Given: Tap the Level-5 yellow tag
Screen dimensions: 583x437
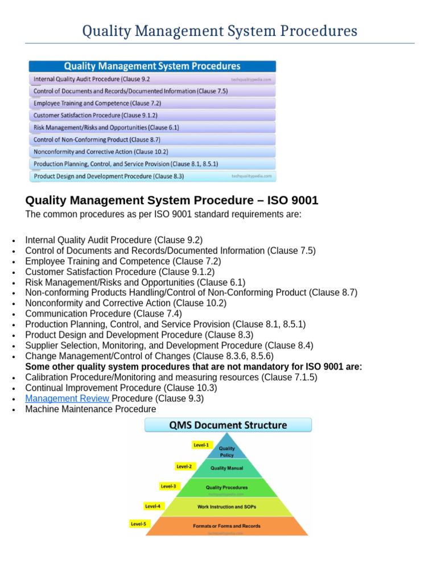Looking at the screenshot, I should [139, 524].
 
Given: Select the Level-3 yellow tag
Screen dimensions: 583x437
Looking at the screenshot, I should [169, 486].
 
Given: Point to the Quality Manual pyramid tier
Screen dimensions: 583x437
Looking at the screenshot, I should [227, 469].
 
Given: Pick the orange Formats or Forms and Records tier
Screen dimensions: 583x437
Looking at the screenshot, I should [226, 525].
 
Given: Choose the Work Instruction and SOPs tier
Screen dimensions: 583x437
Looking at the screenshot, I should [226, 506].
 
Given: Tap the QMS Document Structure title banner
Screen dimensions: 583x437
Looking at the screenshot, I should [228, 425].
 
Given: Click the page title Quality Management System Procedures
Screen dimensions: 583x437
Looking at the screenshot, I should [220, 31].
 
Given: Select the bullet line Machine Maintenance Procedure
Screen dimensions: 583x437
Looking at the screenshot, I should [90, 409].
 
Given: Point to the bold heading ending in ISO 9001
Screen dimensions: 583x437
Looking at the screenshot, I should [171, 200].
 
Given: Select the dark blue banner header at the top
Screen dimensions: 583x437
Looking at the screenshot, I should [152, 66].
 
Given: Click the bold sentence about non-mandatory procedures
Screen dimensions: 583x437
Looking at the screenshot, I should [193, 367].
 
